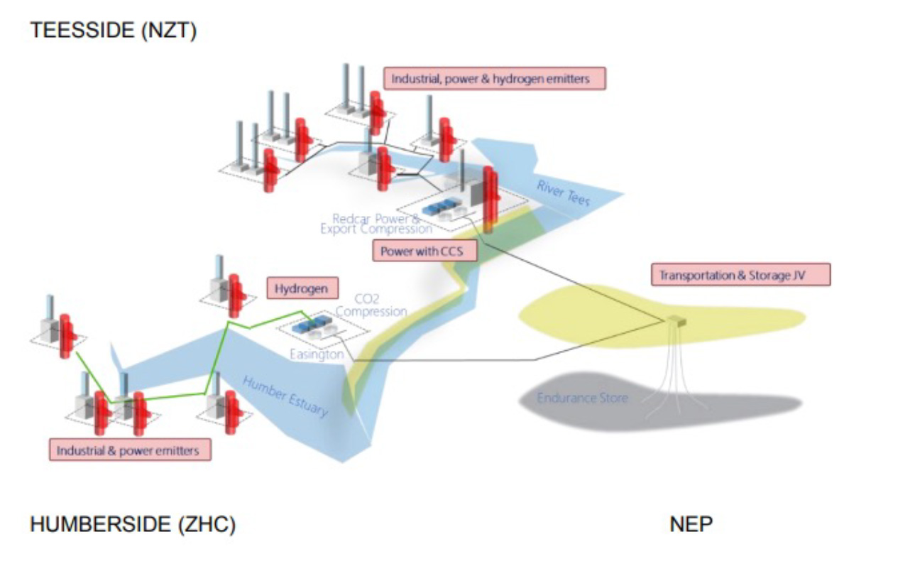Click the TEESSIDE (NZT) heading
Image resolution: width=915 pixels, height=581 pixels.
(x=113, y=31)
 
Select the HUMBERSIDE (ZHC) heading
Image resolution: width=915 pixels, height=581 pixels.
(x=133, y=525)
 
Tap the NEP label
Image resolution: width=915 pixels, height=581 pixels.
(x=691, y=525)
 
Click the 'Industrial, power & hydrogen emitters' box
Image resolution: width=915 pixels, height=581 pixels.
(x=494, y=79)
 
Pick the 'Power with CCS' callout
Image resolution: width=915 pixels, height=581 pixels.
(x=424, y=251)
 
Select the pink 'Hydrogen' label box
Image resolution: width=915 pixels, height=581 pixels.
(x=301, y=288)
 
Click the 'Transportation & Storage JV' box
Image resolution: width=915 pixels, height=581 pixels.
(x=740, y=275)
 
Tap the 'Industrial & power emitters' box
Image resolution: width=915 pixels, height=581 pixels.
(x=128, y=450)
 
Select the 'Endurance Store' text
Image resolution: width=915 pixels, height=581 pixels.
(x=582, y=398)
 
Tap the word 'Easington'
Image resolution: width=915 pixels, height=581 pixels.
(x=317, y=354)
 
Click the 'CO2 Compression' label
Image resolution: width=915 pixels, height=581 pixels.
(x=371, y=305)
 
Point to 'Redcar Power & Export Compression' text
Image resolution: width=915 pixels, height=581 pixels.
(x=376, y=224)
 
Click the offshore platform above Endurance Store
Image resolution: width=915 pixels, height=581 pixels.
(x=676, y=320)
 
